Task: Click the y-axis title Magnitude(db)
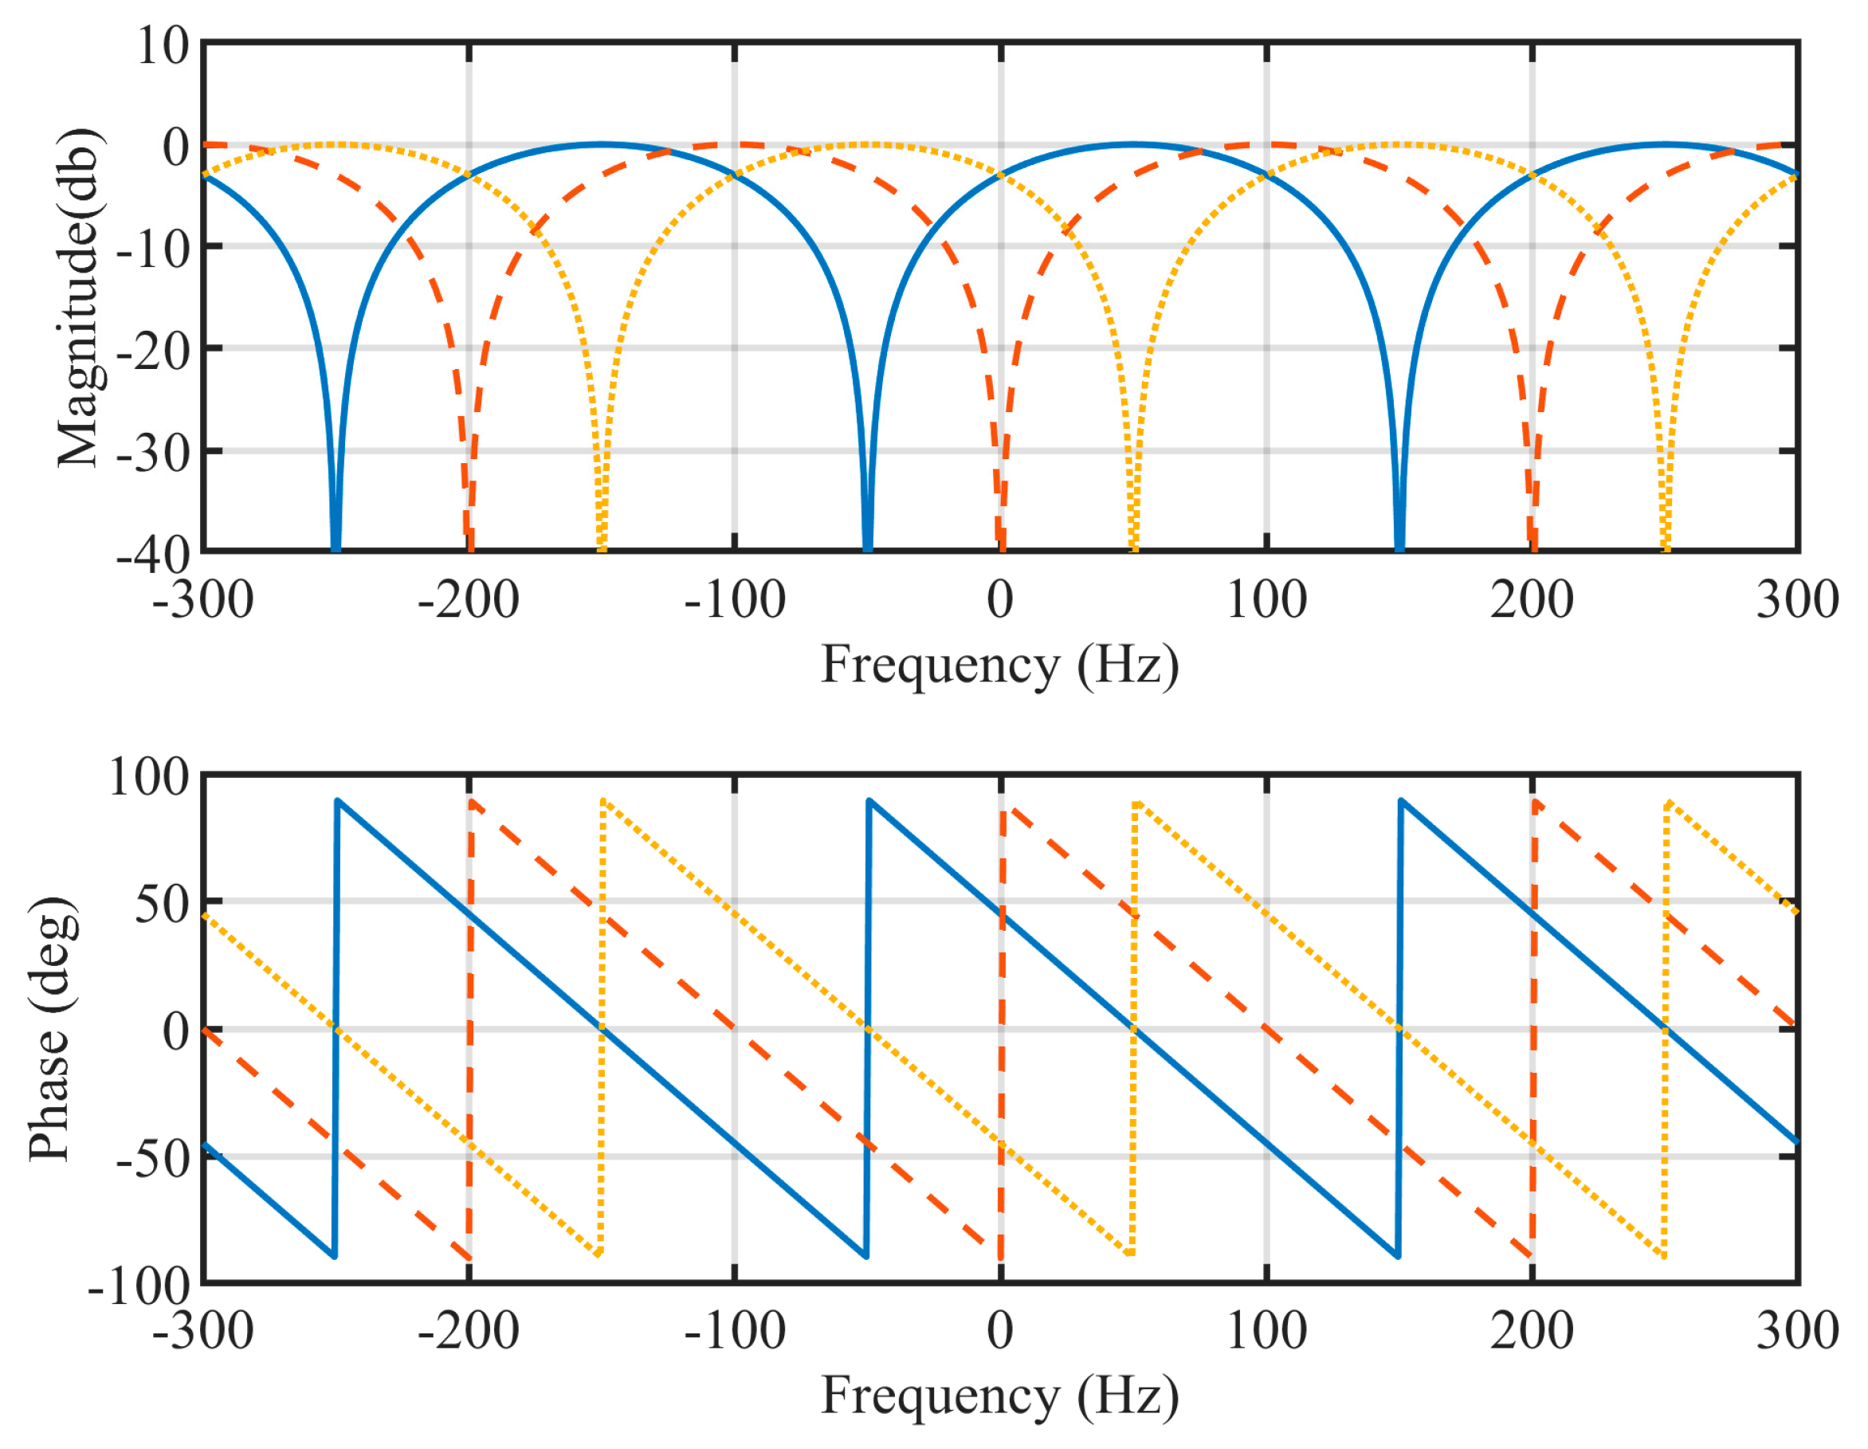(79, 297)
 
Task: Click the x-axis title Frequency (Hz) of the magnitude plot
(999, 666)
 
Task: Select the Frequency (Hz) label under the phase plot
(999, 1396)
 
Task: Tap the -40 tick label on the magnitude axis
(154, 554)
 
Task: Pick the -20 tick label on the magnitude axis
(154, 349)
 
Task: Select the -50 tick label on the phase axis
(154, 1158)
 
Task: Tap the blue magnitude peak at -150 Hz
(602, 144)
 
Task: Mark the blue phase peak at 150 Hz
(1401, 802)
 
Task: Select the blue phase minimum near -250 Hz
(334, 1255)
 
